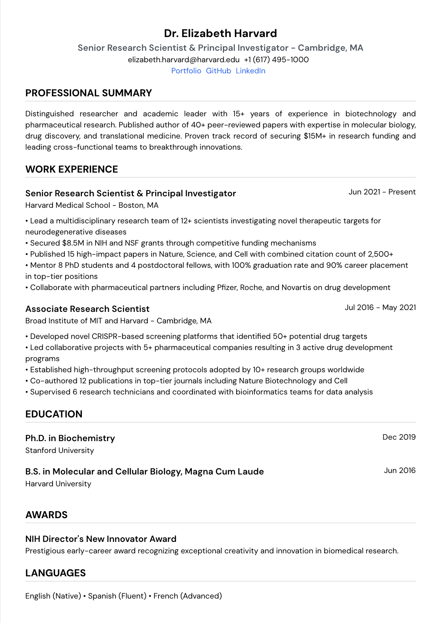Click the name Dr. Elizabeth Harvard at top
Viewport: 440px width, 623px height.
pyautogui.click(x=220, y=33)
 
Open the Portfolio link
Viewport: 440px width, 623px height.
pyautogui.click(x=186, y=71)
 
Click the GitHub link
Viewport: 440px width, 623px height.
pyautogui.click(x=219, y=71)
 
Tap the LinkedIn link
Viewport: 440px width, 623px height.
pyautogui.click(x=250, y=71)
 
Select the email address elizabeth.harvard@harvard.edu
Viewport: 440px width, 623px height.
pyautogui.click(x=184, y=60)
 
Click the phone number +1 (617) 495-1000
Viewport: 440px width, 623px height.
pyautogui.click(x=276, y=60)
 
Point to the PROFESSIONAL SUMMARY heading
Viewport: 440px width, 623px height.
pyautogui.click(x=89, y=93)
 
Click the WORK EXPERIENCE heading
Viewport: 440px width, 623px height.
pyautogui.click(x=71, y=169)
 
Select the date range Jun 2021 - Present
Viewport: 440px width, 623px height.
pyautogui.click(x=382, y=192)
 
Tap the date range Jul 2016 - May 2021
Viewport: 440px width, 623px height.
pyautogui.click(x=380, y=307)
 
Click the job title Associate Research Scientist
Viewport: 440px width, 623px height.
pyautogui.click(x=87, y=309)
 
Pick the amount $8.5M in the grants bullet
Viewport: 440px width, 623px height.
pyautogui.click(x=73, y=243)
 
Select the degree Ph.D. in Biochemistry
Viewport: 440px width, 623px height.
pyautogui.click(x=70, y=438)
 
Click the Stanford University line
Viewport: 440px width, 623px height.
pyautogui.click(x=60, y=450)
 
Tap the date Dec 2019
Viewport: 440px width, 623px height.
pyautogui.click(x=399, y=437)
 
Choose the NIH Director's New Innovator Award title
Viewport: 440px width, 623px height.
pyautogui.click(x=101, y=539)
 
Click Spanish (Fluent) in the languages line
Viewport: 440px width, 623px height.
pyautogui.click(x=117, y=596)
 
